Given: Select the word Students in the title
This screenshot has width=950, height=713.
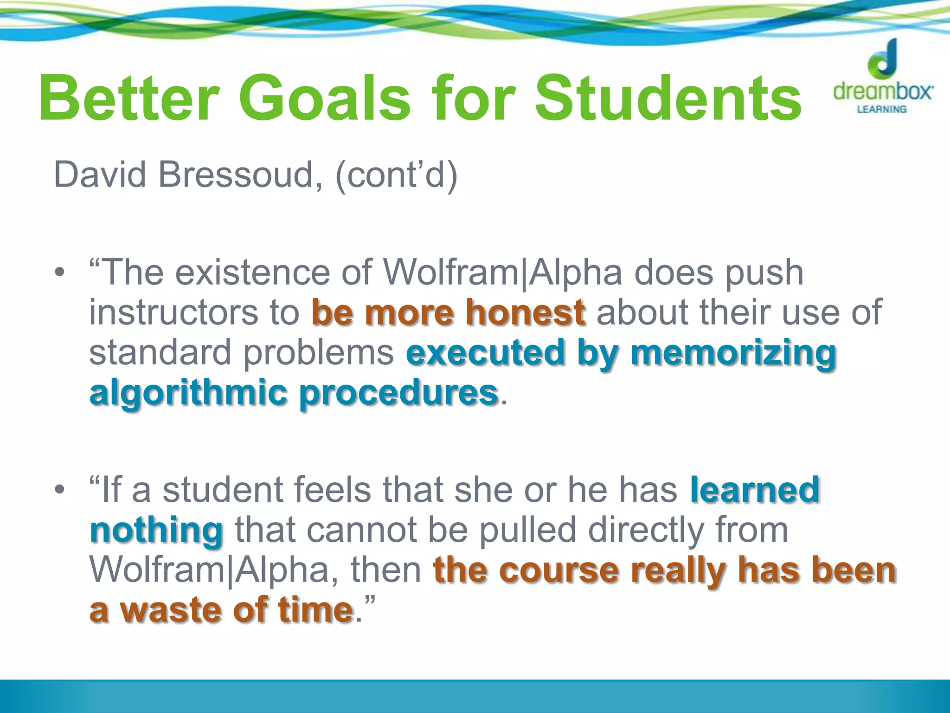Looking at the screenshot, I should pyautogui.click(x=668, y=98).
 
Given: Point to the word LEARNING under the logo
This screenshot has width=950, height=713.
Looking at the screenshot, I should pyautogui.click(x=881, y=110).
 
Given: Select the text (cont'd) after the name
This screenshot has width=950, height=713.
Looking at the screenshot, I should pyautogui.click(x=396, y=175).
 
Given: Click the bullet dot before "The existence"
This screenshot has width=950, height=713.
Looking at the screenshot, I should pyautogui.click(x=59, y=272).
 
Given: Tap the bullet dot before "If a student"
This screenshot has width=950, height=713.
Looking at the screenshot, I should pyautogui.click(x=59, y=489).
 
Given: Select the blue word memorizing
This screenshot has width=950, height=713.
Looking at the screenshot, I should pyautogui.click(x=733, y=353).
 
